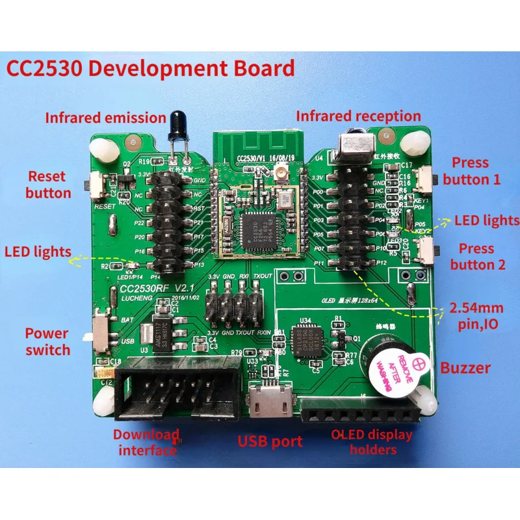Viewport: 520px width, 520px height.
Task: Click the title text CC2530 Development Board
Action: [x=150, y=68]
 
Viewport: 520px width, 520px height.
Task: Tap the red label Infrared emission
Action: [x=105, y=118]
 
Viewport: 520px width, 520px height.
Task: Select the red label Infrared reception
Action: [x=358, y=116]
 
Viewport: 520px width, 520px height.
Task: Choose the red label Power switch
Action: [x=47, y=341]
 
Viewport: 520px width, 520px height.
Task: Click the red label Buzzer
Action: [x=465, y=368]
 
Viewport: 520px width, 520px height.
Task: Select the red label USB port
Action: [x=270, y=442]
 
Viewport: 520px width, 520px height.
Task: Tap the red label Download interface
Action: [x=146, y=442]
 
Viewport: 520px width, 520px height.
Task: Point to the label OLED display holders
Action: [x=372, y=442]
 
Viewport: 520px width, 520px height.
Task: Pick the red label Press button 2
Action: [x=477, y=256]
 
